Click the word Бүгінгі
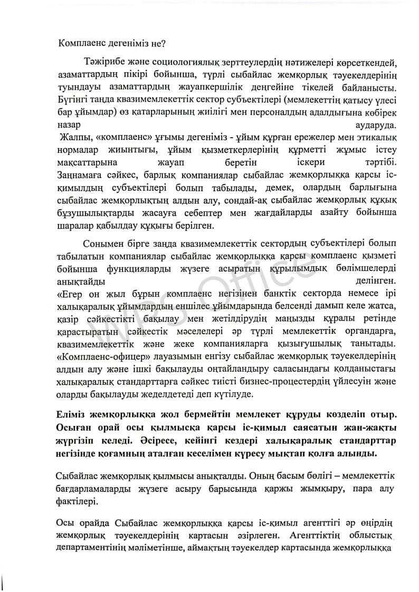click(x=72, y=100)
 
